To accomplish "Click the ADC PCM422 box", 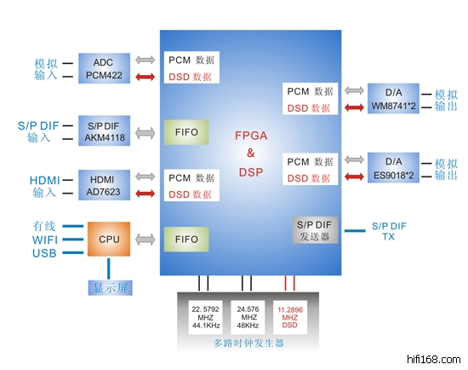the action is [104, 68].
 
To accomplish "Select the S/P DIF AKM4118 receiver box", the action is [104, 130].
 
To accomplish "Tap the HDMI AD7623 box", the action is [104, 185].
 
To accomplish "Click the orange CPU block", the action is [109, 239].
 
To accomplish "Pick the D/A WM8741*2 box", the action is [393, 98].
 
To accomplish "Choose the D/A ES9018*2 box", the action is [393, 168].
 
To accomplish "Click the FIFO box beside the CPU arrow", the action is [186, 240].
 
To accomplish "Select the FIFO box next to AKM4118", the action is [186, 132].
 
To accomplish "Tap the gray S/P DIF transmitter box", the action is [315, 230].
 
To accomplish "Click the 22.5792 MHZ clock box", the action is [205, 317].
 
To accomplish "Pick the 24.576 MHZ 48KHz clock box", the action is [248, 317].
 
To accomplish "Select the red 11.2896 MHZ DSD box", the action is [290, 317].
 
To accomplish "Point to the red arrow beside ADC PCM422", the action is [145, 77].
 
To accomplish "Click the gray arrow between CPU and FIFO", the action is [145, 240].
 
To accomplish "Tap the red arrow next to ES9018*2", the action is [354, 176].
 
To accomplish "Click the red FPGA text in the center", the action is [251, 136].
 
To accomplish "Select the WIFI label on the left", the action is [45, 240].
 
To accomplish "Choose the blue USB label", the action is [44, 253].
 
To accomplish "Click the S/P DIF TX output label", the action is [389, 231].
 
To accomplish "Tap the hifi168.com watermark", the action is [434, 359].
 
